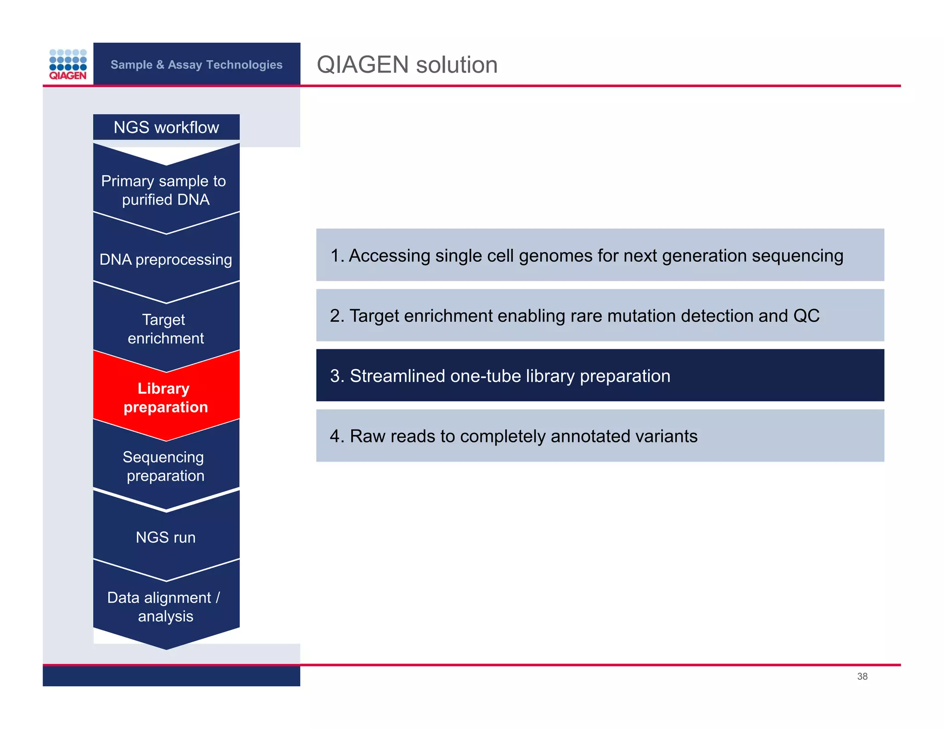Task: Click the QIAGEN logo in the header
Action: (68, 64)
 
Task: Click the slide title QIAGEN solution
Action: (407, 65)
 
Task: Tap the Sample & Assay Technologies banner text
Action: (196, 65)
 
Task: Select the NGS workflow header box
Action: (166, 127)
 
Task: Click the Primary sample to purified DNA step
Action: (164, 190)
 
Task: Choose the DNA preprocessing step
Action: (165, 259)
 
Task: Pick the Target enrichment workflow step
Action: (165, 329)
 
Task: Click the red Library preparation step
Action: (165, 398)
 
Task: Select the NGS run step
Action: (165, 537)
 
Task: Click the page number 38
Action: (862, 676)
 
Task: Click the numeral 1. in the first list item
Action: (337, 256)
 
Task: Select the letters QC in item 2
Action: (806, 316)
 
